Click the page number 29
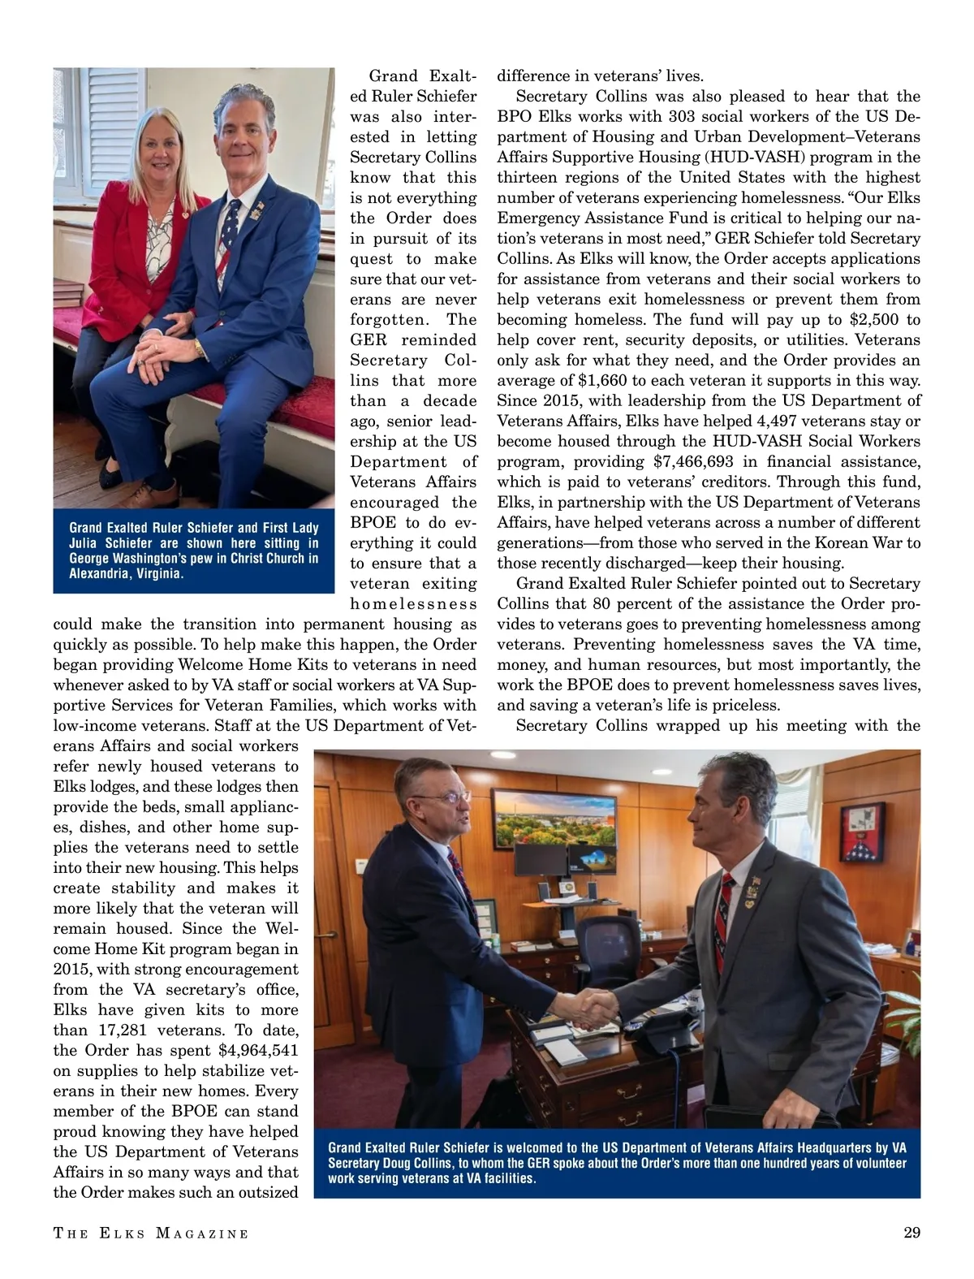[912, 1233]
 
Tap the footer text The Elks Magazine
[151, 1234]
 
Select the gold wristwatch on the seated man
[199, 348]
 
